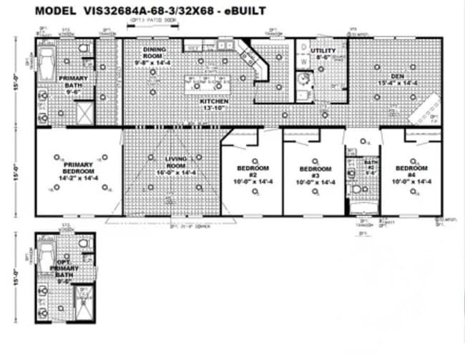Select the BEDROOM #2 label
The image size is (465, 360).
[x=251, y=172]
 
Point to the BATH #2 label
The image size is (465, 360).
[x=362, y=167]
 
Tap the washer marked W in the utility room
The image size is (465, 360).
[x=303, y=62]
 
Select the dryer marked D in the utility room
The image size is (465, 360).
[x=303, y=47]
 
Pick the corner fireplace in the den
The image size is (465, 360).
[x=426, y=112]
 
